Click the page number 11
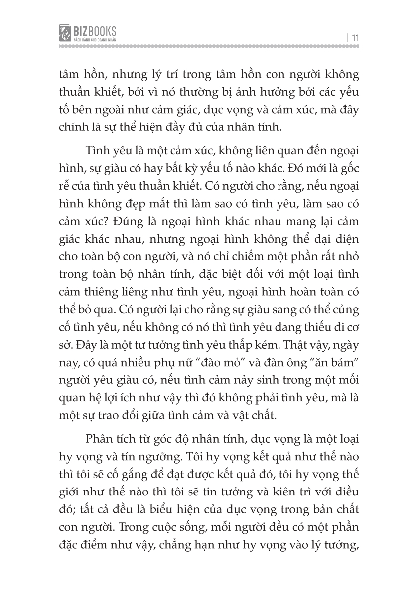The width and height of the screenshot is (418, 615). click(355, 37)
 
